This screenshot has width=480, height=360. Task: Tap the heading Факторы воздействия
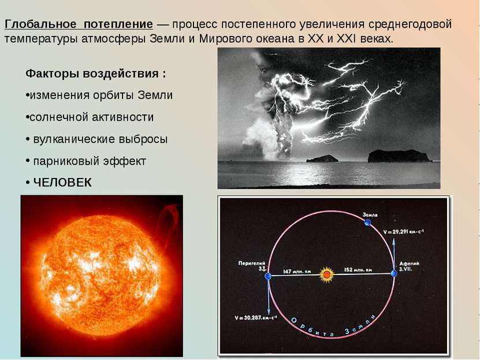click(95, 74)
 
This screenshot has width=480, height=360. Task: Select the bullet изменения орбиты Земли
click(99, 95)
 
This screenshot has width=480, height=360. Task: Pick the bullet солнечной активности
click(90, 117)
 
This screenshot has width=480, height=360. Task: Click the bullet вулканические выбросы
click(98, 139)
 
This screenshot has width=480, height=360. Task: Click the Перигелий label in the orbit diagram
click(252, 263)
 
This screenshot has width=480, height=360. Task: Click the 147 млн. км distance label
click(296, 270)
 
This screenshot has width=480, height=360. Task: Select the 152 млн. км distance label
click(358, 270)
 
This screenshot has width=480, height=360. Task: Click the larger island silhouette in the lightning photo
click(399, 156)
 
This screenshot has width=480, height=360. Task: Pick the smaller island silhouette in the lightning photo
click(322, 158)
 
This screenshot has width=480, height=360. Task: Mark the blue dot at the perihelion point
click(267, 277)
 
